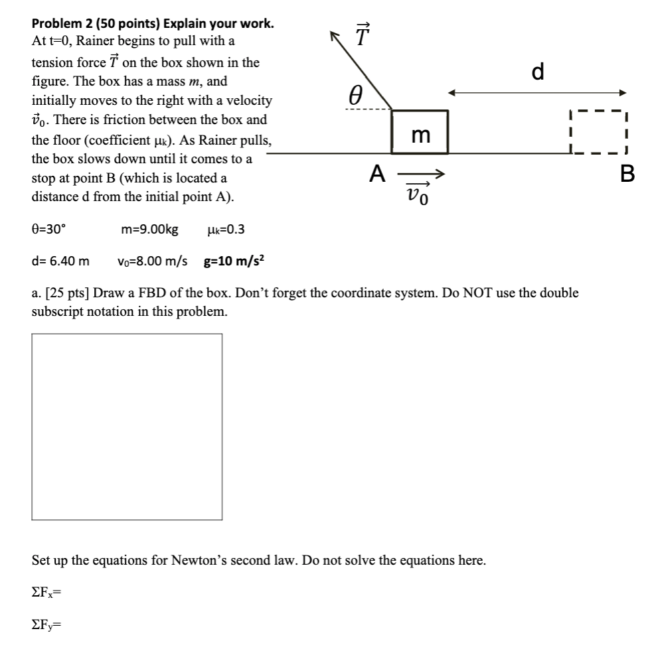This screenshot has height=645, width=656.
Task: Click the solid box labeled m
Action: (420, 132)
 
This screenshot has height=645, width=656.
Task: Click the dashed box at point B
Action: (598, 132)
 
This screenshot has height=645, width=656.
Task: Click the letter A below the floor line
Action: (377, 174)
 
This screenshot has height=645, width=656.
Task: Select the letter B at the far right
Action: (627, 175)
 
